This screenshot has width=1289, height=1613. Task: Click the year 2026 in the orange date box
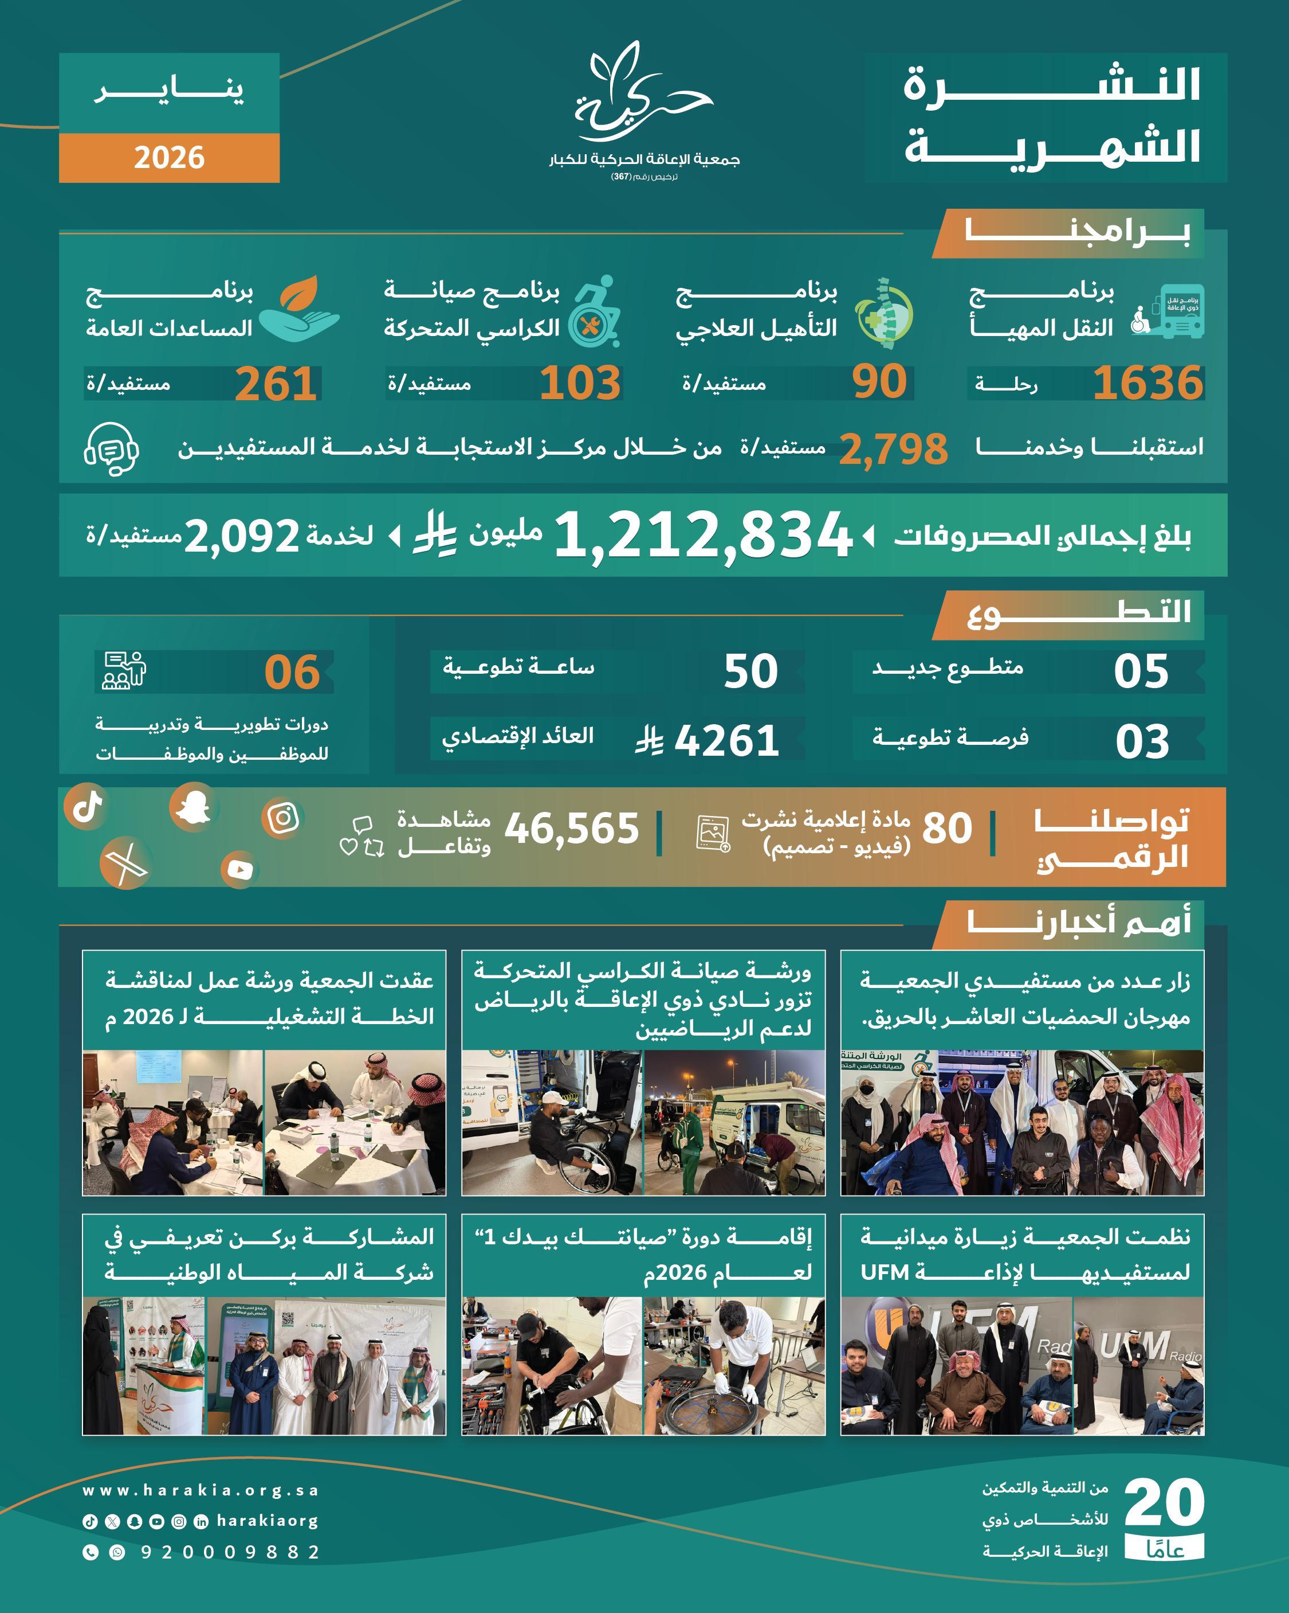point(169,158)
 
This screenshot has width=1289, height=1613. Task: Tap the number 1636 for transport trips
point(1147,383)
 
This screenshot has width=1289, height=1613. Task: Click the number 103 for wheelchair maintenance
point(580,383)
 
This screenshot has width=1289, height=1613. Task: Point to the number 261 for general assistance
point(275,385)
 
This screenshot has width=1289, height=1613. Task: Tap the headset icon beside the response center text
point(111,448)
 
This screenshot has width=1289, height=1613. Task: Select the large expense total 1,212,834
point(703,536)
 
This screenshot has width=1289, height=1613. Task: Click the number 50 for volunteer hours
point(750,671)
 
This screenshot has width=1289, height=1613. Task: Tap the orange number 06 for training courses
point(292,672)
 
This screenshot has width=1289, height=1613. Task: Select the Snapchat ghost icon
point(194,807)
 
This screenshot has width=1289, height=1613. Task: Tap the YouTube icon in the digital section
point(239,869)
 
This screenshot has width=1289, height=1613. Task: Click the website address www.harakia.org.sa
point(201,1490)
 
